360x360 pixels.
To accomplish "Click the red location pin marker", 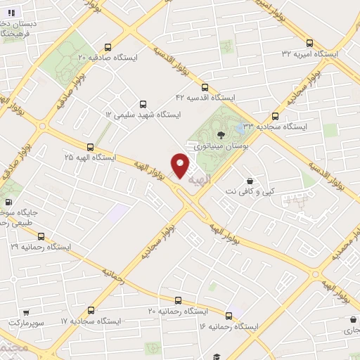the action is [x=181, y=166].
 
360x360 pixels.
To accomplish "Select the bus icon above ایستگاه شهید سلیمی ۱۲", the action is [x=144, y=103].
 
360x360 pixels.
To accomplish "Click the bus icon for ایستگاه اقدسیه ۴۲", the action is [x=205, y=88].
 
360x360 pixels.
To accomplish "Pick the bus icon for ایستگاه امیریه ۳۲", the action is [x=310, y=43].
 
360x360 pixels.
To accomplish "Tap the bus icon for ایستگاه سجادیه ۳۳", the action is [x=275, y=117].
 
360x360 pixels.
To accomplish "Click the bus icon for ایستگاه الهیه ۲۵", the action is [x=90, y=147].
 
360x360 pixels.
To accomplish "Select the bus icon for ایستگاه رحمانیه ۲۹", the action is [x=41, y=236].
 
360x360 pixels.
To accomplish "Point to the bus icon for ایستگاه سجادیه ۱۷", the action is [x=91, y=309].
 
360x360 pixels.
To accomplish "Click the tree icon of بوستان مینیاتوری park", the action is [x=221, y=135].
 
